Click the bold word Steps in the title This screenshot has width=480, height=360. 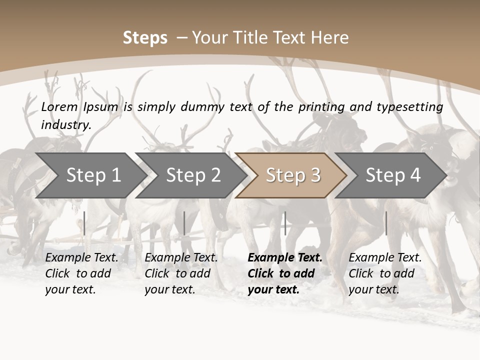145,38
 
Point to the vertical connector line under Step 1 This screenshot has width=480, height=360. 84,223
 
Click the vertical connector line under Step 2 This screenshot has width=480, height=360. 184,223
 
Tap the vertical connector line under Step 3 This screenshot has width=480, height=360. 285,223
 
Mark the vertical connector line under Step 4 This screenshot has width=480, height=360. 386,223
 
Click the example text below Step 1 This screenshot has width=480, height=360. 81,273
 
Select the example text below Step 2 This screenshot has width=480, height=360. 181,273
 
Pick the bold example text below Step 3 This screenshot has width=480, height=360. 285,273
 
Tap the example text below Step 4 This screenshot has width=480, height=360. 385,273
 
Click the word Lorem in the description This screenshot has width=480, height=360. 59,106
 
